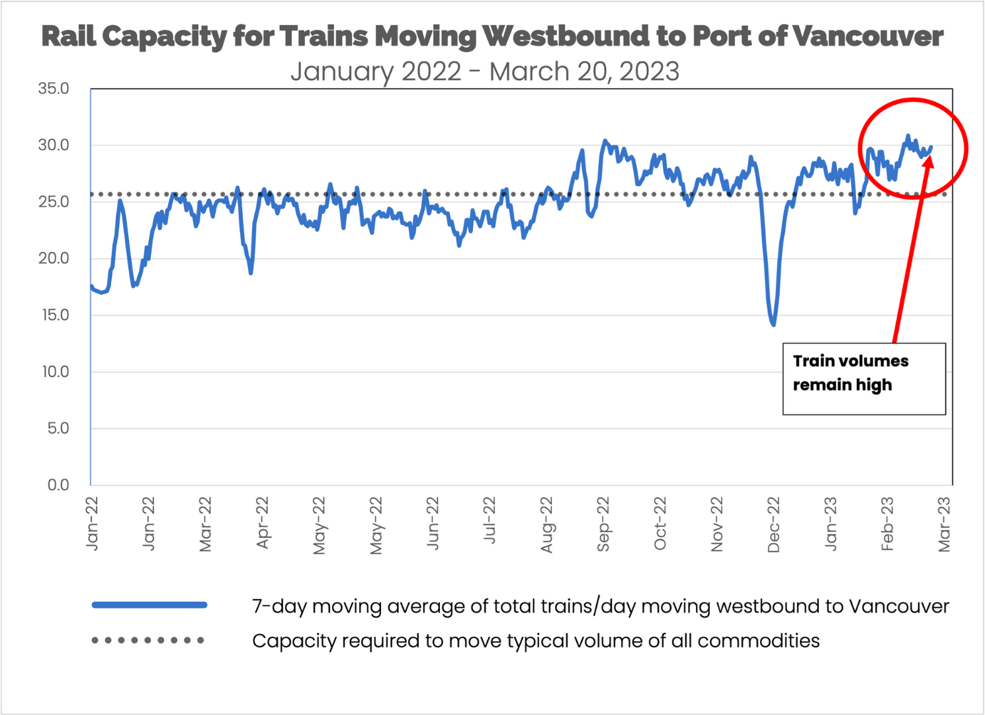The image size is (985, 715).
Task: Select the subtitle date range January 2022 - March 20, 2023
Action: click(x=485, y=71)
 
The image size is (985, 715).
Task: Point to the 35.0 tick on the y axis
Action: click(x=54, y=89)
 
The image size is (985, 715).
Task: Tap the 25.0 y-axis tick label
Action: click(x=54, y=202)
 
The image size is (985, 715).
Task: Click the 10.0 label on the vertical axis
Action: click(x=55, y=372)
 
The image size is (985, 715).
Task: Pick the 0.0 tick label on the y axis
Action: click(x=58, y=485)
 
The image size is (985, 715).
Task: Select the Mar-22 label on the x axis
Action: click(x=205, y=524)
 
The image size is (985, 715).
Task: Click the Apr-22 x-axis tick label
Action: click(x=262, y=523)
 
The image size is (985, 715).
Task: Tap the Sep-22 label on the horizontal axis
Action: click(x=603, y=524)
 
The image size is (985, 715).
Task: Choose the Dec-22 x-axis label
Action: click(x=773, y=524)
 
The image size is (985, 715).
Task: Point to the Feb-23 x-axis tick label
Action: click(x=886, y=524)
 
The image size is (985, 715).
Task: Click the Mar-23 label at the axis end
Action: click(x=943, y=524)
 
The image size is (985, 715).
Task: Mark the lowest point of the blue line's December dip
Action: click(x=773, y=324)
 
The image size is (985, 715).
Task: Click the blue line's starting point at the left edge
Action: click(x=91, y=286)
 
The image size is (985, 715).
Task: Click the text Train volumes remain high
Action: click(x=850, y=373)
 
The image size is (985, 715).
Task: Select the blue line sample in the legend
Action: click(x=150, y=605)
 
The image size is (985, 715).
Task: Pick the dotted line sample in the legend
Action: click(x=148, y=640)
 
